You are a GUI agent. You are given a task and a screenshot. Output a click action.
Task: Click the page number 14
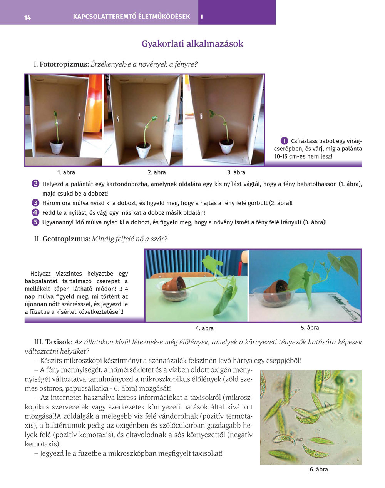click(27, 18)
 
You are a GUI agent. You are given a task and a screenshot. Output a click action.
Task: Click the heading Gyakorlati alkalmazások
click(192, 43)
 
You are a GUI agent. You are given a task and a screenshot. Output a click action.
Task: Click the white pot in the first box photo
click(56, 146)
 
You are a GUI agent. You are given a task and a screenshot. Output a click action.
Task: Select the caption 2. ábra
click(157, 172)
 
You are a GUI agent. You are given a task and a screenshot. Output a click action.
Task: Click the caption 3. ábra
click(236, 172)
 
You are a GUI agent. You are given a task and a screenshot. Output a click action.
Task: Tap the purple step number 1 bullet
click(284, 140)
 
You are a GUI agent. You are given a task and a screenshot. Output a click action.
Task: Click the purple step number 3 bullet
click(35, 203)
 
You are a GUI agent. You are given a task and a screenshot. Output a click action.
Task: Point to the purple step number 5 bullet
click(35, 222)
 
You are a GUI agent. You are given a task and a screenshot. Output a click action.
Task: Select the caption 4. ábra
click(204, 328)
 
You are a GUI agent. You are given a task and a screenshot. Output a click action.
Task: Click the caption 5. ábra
click(310, 328)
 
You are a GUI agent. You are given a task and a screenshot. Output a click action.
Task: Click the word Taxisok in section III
click(58, 342)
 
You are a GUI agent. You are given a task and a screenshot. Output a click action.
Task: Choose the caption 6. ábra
click(319, 469)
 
